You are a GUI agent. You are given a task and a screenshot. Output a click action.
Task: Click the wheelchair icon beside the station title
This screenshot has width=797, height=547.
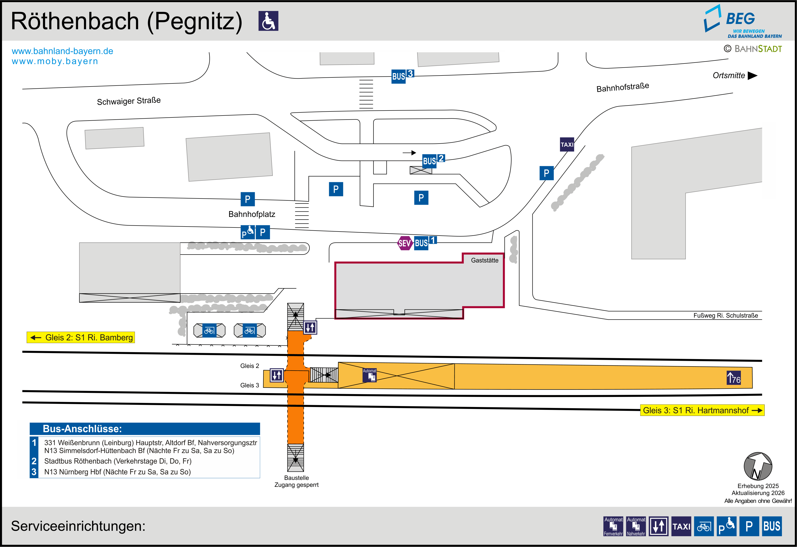268,21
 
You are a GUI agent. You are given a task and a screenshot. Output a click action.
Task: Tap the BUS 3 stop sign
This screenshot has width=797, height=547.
403,76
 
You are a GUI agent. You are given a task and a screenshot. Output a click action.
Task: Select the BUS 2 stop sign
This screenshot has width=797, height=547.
434,160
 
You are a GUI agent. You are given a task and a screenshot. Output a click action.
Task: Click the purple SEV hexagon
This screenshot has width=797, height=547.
405,243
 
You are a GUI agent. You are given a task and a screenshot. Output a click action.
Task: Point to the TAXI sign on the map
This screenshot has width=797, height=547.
567,144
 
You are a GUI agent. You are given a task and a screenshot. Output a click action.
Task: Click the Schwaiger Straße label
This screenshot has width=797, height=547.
129,101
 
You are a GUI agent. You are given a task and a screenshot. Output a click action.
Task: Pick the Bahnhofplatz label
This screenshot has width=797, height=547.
252,214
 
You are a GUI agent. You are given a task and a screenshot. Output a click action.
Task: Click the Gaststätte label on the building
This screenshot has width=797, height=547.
485,261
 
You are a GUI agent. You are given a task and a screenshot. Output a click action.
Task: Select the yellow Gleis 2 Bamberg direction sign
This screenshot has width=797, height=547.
81,337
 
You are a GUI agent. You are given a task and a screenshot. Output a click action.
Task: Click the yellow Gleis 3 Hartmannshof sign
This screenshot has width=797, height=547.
702,410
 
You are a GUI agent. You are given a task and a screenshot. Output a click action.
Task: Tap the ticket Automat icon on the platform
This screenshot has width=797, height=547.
370,375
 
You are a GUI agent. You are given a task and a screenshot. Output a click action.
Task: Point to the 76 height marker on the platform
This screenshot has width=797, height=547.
734,378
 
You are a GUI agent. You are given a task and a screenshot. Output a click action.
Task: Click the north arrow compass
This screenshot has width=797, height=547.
758,466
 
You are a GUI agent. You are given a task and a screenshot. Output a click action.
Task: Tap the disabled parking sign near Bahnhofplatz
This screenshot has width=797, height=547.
248,232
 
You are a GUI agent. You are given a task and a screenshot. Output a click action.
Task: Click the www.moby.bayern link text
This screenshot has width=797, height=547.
55,61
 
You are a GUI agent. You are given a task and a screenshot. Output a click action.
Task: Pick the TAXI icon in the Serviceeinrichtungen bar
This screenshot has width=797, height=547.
681,526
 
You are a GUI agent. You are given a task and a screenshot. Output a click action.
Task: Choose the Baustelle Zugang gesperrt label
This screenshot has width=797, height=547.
296,481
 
